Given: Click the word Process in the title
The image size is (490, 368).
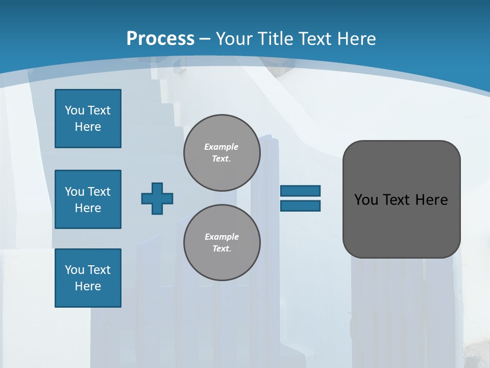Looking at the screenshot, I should click(x=160, y=38).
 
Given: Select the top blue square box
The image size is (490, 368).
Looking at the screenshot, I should click(x=88, y=119).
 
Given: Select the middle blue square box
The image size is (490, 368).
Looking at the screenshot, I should click(x=88, y=199).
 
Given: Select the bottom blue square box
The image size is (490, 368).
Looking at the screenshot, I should click(x=88, y=278).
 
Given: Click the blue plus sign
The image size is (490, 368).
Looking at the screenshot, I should click(x=157, y=198).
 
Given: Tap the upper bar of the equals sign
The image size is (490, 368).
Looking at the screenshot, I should click(x=300, y=191).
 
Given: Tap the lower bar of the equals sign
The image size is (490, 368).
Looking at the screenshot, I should click(x=300, y=205).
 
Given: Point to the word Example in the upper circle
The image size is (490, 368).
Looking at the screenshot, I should click(x=222, y=147).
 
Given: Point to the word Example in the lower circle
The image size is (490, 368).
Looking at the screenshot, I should click(x=222, y=237).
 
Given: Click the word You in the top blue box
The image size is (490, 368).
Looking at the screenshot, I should click(x=75, y=110).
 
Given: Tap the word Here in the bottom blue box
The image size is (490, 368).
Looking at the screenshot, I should click(x=88, y=286).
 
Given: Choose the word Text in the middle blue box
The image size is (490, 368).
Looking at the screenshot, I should click(x=99, y=192).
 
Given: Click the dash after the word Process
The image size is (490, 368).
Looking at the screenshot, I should click(x=205, y=38).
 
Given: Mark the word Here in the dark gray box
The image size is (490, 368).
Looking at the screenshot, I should click(x=431, y=200).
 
